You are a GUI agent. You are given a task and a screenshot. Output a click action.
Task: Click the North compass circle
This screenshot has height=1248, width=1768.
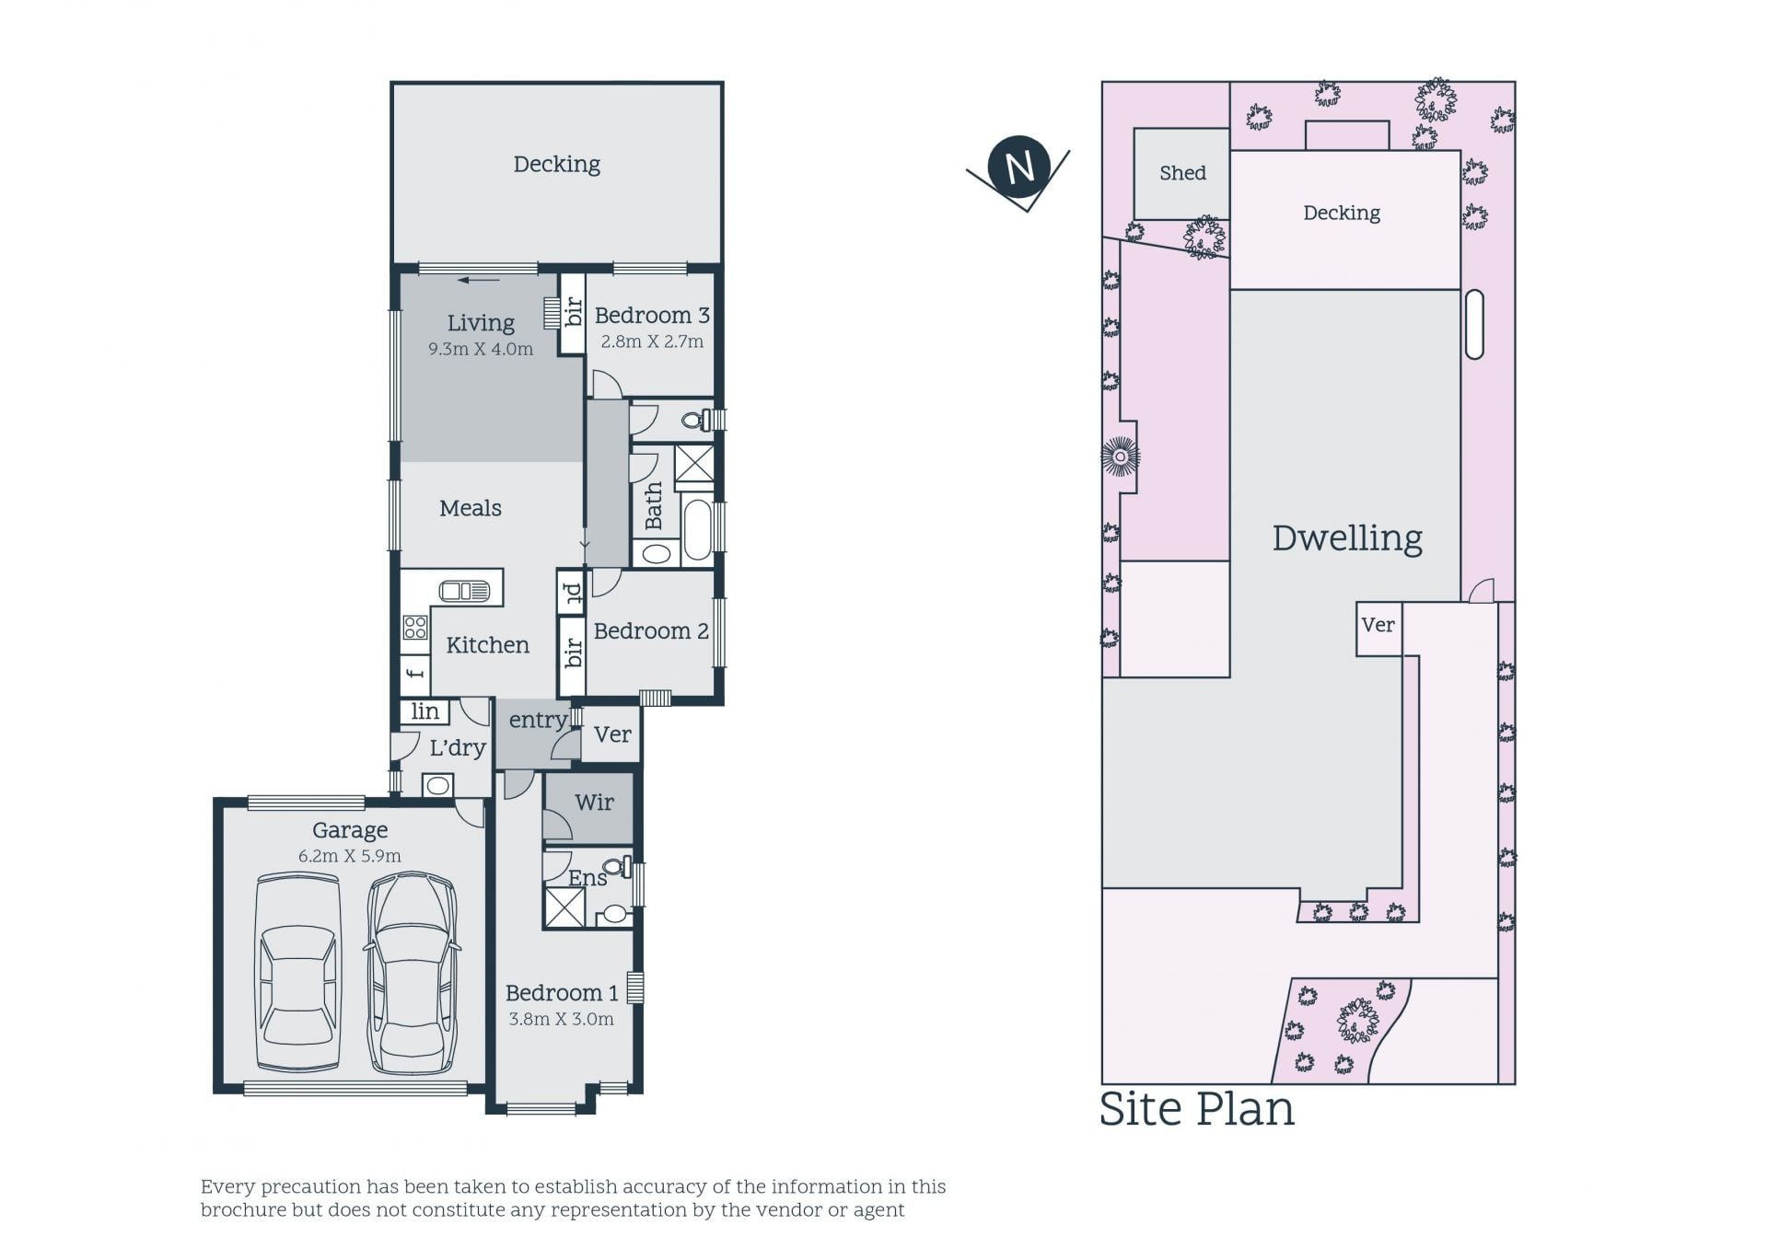point(1018,168)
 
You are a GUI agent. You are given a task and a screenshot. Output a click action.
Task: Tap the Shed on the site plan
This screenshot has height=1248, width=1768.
point(1181,173)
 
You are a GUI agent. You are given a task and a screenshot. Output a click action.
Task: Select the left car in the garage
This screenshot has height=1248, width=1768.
point(298,973)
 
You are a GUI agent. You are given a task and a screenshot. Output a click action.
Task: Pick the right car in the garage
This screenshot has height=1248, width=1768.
point(413,973)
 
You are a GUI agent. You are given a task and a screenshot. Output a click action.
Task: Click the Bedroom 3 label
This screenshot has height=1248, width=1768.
point(652,316)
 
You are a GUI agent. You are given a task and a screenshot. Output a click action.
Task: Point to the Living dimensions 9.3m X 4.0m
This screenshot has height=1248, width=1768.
point(481,350)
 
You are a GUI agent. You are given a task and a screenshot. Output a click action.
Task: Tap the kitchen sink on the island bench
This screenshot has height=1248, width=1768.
point(465,590)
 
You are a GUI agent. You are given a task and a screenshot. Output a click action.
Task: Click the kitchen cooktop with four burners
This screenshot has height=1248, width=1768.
point(415,628)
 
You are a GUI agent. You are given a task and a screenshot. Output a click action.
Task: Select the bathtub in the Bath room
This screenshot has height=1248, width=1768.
point(698,530)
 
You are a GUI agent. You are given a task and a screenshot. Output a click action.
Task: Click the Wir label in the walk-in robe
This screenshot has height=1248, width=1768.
point(594,803)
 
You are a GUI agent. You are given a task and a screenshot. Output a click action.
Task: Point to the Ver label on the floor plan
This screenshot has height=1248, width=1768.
point(612,734)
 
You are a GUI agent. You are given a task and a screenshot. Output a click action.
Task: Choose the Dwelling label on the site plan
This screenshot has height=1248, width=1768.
point(1347,538)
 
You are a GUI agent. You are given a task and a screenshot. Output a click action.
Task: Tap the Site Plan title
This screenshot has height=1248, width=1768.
point(1197,1109)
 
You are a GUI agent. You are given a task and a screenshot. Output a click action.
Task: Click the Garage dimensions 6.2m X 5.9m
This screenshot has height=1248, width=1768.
point(350,856)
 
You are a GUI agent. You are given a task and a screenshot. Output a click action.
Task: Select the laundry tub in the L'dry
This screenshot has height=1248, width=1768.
point(437,785)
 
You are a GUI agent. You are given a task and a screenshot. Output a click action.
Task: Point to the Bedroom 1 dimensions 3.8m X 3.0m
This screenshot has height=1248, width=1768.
point(561,1019)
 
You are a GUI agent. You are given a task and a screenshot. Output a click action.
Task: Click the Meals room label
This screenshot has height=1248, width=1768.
point(471,508)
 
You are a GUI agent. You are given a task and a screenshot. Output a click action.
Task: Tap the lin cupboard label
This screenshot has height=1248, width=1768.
point(425,711)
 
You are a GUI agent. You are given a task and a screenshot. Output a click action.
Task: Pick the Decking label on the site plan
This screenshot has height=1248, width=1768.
point(1342,214)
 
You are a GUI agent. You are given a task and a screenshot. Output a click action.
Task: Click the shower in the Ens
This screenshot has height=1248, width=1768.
point(564,907)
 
